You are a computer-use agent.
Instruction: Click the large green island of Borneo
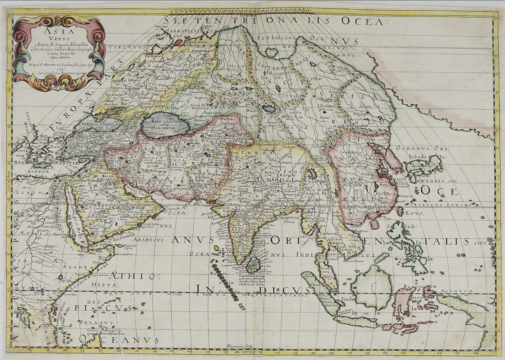click(x=371, y=287)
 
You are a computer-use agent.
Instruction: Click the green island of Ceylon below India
click(x=252, y=265)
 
